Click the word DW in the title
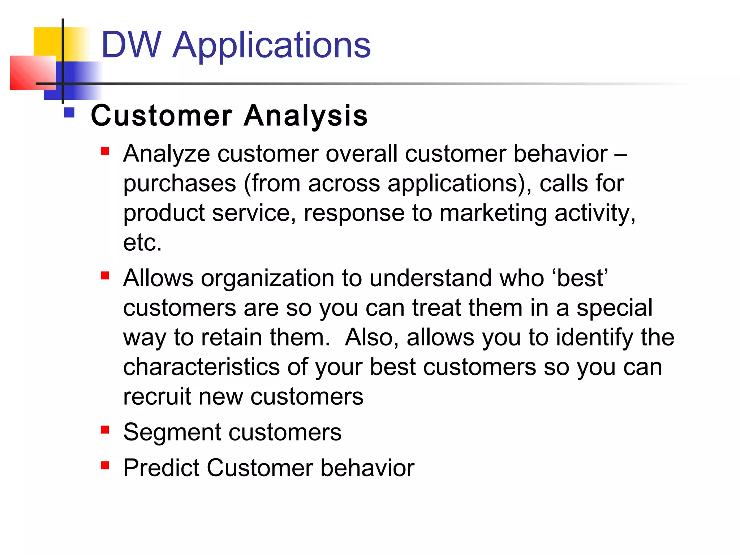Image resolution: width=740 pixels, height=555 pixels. click(x=131, y=45)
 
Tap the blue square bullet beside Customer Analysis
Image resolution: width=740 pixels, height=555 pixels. click(x=69, y=113)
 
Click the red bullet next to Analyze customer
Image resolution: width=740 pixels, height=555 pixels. click(x=105, y=151)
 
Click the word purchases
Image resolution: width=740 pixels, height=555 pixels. click(x=180, y=184)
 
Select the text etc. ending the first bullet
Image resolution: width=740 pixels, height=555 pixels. click(x=142, y=242)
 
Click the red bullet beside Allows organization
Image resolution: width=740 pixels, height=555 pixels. click(x=105, y=276)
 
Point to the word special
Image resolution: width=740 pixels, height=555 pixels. click(x=614, y=309)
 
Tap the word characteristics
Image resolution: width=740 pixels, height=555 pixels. click(x=201, y=367)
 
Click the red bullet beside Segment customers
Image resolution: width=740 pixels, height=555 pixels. click(x=105, y=430)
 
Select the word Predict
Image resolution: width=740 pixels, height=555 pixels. click(x=161, y=468)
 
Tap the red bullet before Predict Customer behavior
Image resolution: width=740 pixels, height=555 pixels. click(x=105, y=465)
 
